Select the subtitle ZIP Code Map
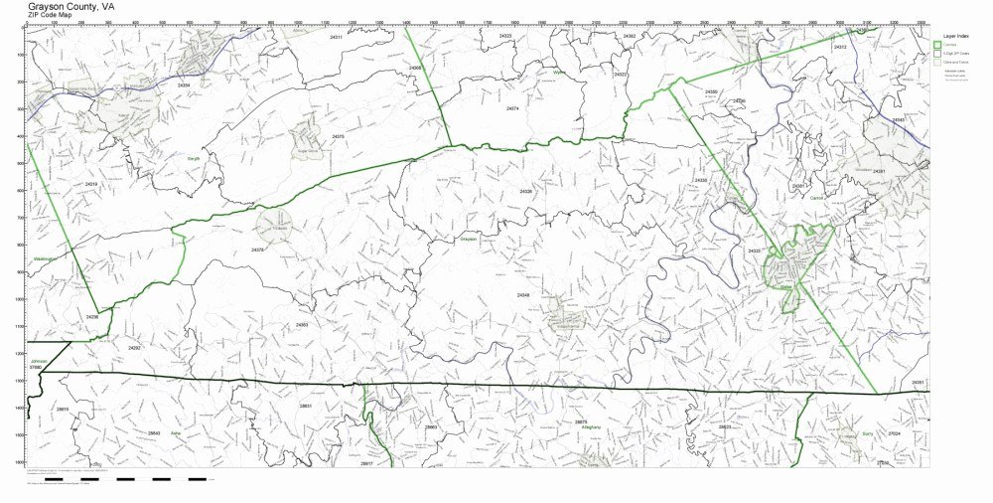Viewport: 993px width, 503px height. pyautogui.click(x=49, y=16)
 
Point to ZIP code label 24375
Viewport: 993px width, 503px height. pyautogui.click(x=338, y=136)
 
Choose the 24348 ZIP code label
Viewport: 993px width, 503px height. pyautogui.click(x=523, y=294)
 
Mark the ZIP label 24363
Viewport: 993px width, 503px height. pyautogui.click(x=302, y=325)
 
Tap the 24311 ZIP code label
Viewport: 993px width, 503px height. pyautogui.click(x=336, y=38)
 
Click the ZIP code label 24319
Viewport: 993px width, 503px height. pyautogui.click(x=91, y=185)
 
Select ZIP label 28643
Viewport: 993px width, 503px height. pyautogui.click(x=154, y=433)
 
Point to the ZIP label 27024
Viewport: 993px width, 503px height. pyautogui.click(x=894, y=433)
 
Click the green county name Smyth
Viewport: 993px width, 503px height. pyautogui.click(x=194, y=158)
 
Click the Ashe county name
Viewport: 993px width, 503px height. pyautogui.click(x=176, y=433)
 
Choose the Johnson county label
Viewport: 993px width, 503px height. pyautogui.click(x=39, y=361)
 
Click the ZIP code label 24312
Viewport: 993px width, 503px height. pyautogui.click(x=840, y=47)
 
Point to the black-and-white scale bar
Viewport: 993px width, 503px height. pyautogui.click(x=129, y=478)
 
